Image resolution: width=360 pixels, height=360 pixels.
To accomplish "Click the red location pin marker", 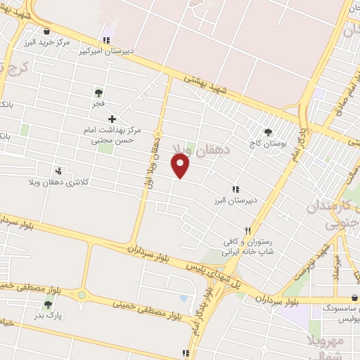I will pos(181,166).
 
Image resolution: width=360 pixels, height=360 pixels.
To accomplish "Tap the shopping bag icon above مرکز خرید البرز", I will pos(46,32).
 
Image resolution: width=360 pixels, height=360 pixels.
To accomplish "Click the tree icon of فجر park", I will pos(98,92).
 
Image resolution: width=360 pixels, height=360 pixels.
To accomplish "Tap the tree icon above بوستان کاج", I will pos(267,131).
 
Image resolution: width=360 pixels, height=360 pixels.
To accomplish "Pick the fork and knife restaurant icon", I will pos(247,231).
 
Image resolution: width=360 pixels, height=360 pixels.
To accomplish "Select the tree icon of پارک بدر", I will pos(48,304).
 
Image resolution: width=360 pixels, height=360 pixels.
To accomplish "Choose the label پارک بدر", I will pos(51,316).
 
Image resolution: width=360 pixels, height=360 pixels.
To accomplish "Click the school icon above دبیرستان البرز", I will pos(236,189).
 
